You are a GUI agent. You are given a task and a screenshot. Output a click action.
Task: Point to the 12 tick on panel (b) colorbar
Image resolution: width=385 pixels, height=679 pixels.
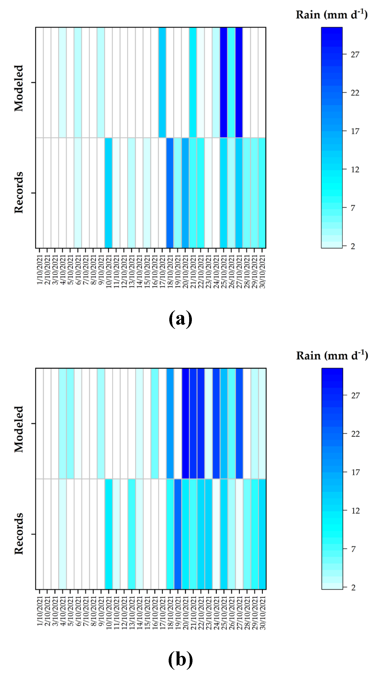355,511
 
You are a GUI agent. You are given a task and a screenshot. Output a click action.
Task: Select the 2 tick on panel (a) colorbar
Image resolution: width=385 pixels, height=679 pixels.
353,246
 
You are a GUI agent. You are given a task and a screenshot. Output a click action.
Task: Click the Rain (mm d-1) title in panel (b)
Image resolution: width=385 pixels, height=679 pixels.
332,356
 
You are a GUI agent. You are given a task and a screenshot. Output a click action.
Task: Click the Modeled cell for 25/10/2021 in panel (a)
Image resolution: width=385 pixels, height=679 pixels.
224,82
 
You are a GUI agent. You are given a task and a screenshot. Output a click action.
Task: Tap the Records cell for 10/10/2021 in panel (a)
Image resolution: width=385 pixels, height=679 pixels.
108,193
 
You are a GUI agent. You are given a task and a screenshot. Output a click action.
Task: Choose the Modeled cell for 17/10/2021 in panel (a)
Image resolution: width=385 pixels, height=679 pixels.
162,82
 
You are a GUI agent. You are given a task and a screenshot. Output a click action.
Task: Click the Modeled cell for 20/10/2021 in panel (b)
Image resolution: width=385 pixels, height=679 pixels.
185,423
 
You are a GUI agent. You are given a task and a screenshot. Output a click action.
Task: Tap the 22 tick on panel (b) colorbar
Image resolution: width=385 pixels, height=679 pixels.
355,434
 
